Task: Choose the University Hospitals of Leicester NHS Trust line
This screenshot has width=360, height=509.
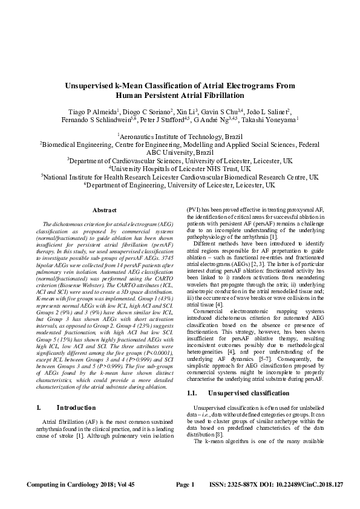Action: pyautogui.click(x=180, y=169)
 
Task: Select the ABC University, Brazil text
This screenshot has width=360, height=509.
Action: pyautogui.click(x=180, y=153)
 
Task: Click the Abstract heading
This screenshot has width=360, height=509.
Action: pyautogui.click(x=104, y=210)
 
